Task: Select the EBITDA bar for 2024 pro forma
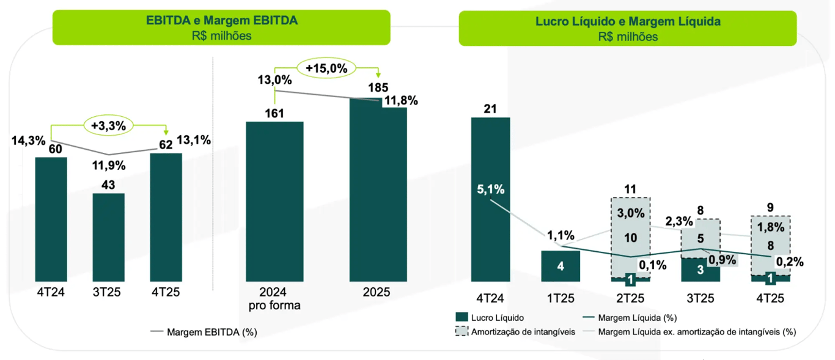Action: (274, 201)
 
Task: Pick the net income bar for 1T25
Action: (561, 266)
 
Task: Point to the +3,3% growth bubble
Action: (109, 126)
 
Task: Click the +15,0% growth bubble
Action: (326, 68)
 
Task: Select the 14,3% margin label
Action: (28, 141)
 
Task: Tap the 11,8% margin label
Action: (400, 101)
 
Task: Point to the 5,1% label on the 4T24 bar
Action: (491, 189)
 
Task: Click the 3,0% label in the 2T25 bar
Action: (630, 213)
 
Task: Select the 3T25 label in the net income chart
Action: (701, 298)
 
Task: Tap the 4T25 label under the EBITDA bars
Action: (166, 292)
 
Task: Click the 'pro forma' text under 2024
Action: (274, 304)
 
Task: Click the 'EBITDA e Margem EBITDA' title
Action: (221, 21)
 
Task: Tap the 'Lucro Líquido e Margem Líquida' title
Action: (628, 21)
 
